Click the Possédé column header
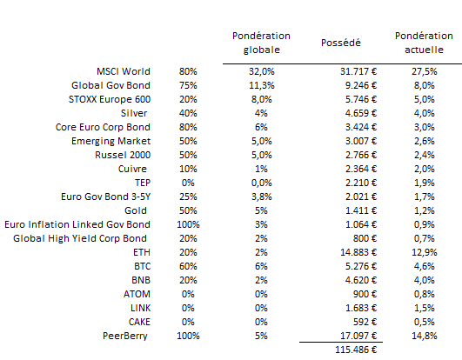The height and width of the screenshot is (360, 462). [x=340, y=43]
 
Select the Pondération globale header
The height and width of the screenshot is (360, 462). [x=261, y=43]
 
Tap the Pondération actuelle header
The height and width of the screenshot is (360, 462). [x=424, y=43]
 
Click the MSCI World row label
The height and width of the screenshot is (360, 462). [x=124, y=71]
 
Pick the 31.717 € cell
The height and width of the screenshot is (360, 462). [x=358, y=71]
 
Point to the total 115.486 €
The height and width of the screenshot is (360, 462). [x=356, y=350]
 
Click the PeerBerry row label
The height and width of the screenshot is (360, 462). [x=125, y=336]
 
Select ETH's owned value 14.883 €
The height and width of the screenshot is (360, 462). [x=358, y=252]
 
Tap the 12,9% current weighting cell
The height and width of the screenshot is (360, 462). [x=425, y=252]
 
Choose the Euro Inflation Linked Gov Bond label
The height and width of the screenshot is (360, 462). [x=77, y=224]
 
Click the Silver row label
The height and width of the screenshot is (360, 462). [x=134, y=113]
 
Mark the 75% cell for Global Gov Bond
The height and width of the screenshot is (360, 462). [x=188, y=85]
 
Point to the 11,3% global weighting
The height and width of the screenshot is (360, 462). [x=261, y=85]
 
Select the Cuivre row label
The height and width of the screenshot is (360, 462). [x=132, y=169]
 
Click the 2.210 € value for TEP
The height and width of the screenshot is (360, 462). [x=361, y=183]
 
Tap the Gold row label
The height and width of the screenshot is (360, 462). [x=136, y=210]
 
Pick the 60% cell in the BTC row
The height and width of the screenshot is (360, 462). [x=188, y=266]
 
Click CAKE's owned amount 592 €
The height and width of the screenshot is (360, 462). [x=365, y=322]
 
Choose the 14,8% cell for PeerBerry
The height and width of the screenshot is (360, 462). [x=425, y=336]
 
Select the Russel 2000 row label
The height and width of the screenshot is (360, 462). [x=123, y=155]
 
